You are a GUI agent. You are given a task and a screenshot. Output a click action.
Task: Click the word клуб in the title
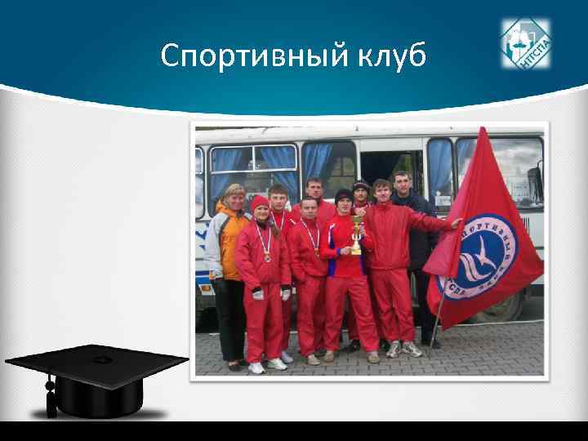click(x=390, y=56)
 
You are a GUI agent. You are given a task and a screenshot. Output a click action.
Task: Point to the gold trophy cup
click(x=356, y=237)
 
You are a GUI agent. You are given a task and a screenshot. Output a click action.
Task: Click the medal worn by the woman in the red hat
click(x=266, y=257)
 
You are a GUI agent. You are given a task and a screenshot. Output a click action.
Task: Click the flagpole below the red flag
click(x=439, y=327)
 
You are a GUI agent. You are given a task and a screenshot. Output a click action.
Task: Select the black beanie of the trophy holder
click(x=344, y=195)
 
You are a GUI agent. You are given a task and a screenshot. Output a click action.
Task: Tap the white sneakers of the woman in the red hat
click(x=267, y=365)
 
